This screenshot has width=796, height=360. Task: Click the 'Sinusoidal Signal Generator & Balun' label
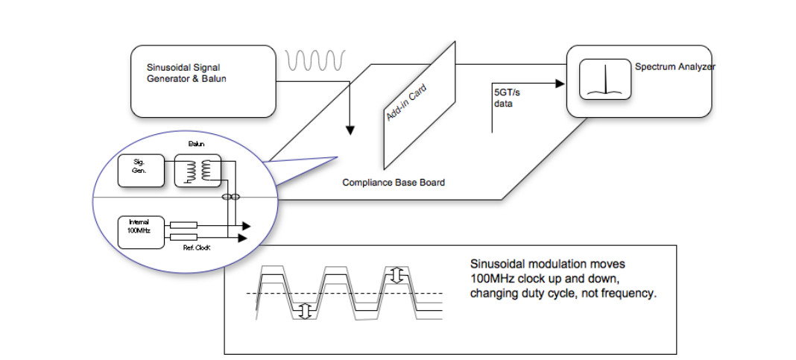coord(186,72)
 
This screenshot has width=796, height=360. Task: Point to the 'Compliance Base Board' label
coord(394,183)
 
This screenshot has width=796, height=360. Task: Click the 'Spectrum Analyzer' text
coord(675,67)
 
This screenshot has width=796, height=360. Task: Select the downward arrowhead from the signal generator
coord(350,131)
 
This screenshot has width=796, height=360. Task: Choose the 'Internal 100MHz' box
coord(139,229)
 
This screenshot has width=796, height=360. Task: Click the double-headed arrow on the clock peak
coord(397,275)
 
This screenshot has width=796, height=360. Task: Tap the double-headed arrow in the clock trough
coord(304,311)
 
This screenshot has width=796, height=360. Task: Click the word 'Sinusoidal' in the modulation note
coord(497,264)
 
